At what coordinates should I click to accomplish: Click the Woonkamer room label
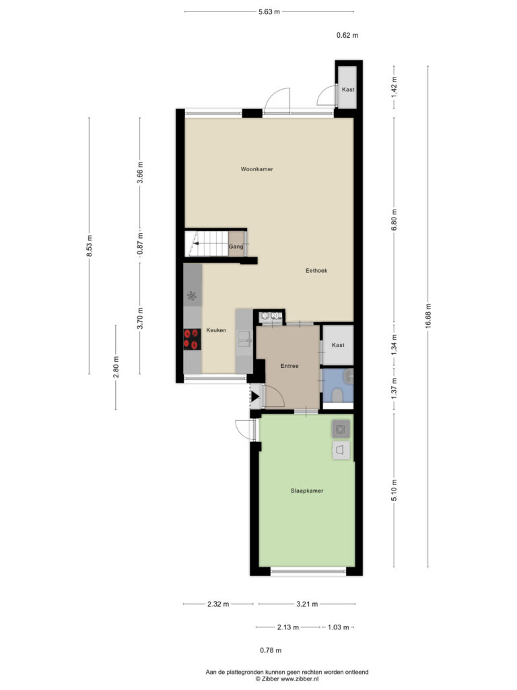[x=256, y=169]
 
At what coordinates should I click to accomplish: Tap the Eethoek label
[x=316, y=271]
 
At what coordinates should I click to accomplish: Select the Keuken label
[x=216, y=330]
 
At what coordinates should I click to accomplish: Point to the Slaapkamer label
[x=307, y=491]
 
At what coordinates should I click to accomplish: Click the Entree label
[x=289, y=366]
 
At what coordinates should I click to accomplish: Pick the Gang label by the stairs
[x=236, y=247]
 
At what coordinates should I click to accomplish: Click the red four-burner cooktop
[x=192, y=339]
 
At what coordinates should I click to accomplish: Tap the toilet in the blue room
[x=338, y=395]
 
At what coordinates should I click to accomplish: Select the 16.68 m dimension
[x=428, y=315]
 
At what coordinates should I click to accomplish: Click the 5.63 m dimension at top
[x=269, y=12]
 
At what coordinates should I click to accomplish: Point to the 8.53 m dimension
[x=90, y=246]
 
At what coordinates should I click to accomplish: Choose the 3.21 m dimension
[x=307, y=604]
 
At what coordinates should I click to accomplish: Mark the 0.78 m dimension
[x=271, y=650]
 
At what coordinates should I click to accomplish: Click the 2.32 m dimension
[x=218, y=604]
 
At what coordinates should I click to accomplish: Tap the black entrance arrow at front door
[x=254, y=397]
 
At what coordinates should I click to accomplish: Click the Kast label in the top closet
[x=348, y=90]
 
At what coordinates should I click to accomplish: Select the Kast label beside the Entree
[x=338, y=345]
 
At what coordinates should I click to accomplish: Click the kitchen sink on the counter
[x=244, y=338]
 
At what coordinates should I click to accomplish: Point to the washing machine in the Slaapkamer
[x=341, y=429]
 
